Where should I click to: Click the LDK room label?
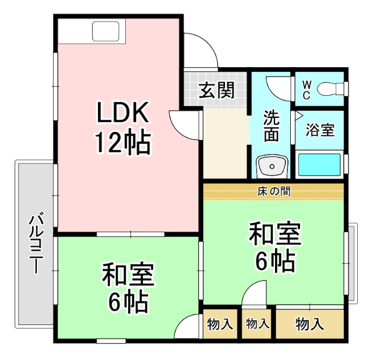click(x=123, y=112)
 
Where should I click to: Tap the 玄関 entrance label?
click(x=217, y=90)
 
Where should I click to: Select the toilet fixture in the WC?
click(x=331, y=89)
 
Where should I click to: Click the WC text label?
click(x=307, y=90)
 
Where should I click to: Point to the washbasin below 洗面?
click(x=272, y=166)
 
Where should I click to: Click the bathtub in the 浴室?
click(x=319, y=164)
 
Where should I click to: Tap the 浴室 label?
click(x=320, y=130)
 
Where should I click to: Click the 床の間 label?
click(x=274, y=191)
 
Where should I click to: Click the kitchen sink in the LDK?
click(x=105, y=31)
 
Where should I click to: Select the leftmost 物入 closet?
click(x=220, y=324)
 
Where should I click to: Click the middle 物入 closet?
click(x=256, y=324)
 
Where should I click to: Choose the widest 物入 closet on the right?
click(x=309, y=324)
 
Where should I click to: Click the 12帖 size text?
click(x=123, y=142)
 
